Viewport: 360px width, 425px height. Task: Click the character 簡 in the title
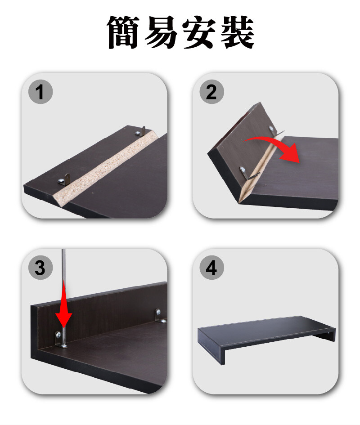(x=123, y=32)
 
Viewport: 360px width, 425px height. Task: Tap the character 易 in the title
(x=161, y=32)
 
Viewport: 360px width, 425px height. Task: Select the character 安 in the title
(x=199, y=32)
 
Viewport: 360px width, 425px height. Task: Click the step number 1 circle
(x=40, y=92)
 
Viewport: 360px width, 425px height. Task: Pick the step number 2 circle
(x=211, y=92)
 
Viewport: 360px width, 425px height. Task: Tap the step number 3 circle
(x=40, y=268)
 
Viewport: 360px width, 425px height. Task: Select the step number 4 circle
(x=211, y=268)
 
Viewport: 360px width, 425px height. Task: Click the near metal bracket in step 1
(x=64, y=180)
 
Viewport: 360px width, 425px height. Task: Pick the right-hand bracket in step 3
(x=160, y=316)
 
